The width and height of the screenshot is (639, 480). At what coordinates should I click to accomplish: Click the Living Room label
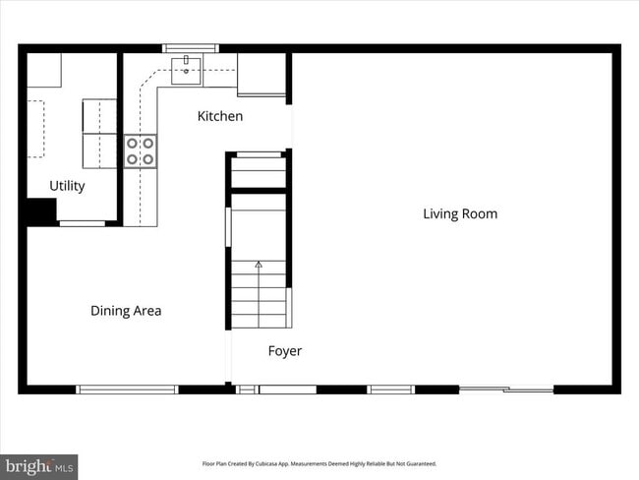pos(460,213)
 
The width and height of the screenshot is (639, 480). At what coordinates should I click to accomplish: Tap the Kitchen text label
pos(220,116)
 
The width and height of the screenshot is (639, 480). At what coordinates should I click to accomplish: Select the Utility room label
pos(67,186)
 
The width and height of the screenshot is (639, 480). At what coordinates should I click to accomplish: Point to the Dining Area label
pos(126,311)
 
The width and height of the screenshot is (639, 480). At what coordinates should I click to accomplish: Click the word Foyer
pos(285,351)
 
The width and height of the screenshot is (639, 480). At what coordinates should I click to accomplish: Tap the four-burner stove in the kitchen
pos(140,150)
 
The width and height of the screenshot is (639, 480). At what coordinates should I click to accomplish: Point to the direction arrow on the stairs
pos(260,265)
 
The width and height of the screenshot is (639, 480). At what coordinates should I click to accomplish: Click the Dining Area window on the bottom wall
pos(128,390)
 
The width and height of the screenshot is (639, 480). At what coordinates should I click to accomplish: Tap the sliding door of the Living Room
pos(506,390)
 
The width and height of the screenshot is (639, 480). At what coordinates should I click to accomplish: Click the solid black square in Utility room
pos(40,211)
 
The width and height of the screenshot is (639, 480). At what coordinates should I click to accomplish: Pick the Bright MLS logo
pos(39,465)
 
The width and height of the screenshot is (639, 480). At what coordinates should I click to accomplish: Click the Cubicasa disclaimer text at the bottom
pos(319,463)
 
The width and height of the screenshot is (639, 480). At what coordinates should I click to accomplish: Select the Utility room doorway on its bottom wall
pos(83,223)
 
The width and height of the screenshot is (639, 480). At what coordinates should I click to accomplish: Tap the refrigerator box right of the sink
pos(261,74)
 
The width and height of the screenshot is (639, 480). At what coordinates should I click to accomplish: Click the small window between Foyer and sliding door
pos(391,390)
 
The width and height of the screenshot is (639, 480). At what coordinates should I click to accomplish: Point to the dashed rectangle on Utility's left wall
pos(35,128)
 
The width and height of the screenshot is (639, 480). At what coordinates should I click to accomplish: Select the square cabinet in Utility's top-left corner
pos(43,69)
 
